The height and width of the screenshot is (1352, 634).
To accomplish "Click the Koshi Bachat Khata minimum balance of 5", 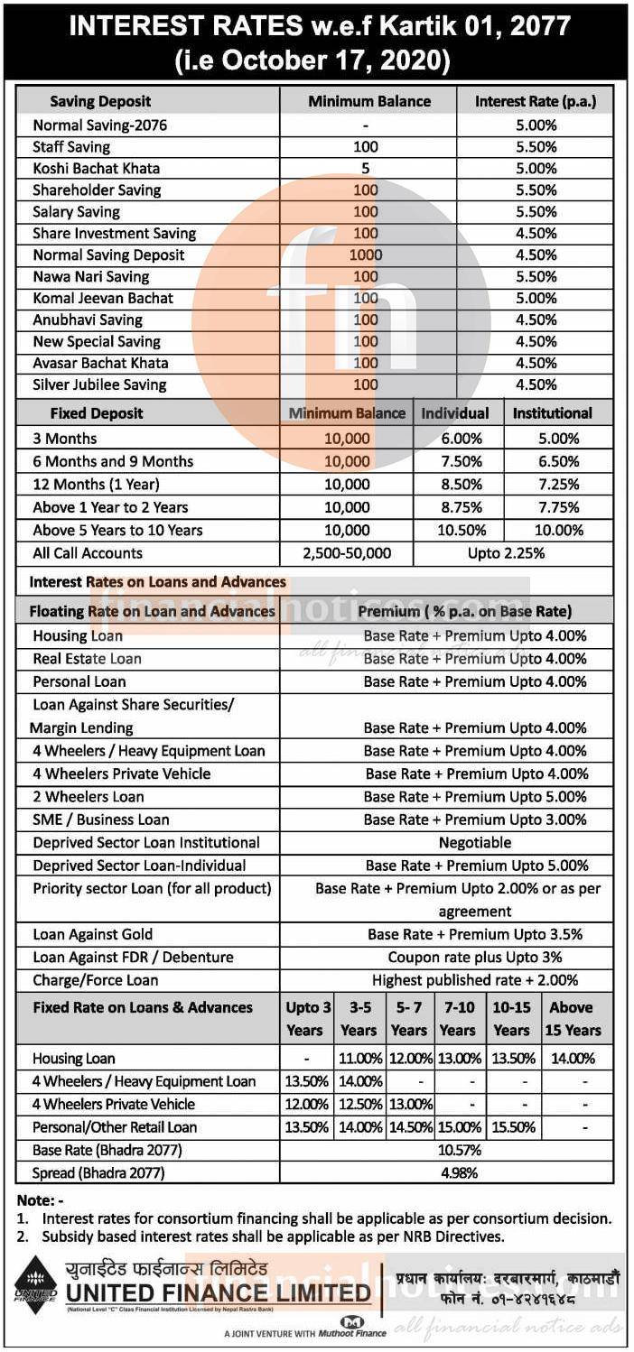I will (x=366, y=168).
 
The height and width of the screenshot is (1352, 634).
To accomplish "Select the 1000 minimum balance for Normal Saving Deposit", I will (x=366, y=255).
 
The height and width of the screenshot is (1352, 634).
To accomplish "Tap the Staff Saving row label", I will (x=71, y=146).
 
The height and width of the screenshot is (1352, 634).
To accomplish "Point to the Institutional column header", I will (x=553, y=413).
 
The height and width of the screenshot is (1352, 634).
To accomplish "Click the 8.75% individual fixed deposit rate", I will (x=459, y=507).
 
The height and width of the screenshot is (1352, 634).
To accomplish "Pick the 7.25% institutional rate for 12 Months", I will (x=558, y=485).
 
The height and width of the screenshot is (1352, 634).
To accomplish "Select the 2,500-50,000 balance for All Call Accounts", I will (x=348, y=553).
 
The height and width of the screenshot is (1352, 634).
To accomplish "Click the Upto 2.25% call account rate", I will (x=506, y=553).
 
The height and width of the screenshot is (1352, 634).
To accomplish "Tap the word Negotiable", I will (x=475, y=842).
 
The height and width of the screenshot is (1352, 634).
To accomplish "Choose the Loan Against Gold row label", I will (x=93, y=934).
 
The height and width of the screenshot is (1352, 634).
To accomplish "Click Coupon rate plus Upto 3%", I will (x=475, y=957).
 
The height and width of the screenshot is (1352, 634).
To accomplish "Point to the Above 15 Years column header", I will (x=573, y=1018).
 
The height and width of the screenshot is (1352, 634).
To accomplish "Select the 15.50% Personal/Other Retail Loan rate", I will (x=511, y=1127).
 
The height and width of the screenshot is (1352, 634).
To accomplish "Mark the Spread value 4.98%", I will (x=459, y=1173).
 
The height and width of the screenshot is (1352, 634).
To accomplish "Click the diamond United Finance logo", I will (x=35, y=1281).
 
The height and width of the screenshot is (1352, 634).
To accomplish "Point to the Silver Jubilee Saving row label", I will (x=100, y=384).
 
